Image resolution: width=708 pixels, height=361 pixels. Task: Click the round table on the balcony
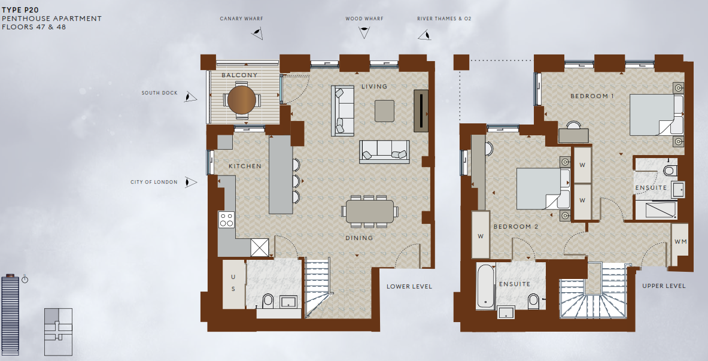pyautogui.click(x=240, y=101)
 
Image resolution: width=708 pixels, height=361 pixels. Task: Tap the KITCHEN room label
pyautogui.click(x=245, y=166)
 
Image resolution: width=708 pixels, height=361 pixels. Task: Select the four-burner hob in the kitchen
pyautogui.click(x=226, y=219)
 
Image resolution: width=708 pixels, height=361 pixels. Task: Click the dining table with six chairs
pyautogui.click(x=369, y=211)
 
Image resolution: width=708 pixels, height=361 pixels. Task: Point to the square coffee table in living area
pyautogui.click(x=384, y=110)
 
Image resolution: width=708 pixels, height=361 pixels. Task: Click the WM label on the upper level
pyautogui.click(x=680, y=242)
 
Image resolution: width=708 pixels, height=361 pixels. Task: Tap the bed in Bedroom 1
pyautogui.click(x=654, y=116)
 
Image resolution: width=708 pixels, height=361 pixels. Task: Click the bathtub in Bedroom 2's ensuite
pyautogui.click(x=485, y=287)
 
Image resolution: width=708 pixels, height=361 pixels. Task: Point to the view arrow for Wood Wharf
pyautogui.click(x=363, y=32)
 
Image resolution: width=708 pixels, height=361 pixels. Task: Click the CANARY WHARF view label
pyautogui.click(x=241, y=19)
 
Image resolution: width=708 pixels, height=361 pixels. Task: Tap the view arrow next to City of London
pyautogui.click(x=190, y=182)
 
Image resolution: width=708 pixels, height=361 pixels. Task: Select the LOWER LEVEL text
pyautogui.click(x=409, y=286)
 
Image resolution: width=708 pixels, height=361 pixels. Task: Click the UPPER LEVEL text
pyautogui.click(x=664, y=286)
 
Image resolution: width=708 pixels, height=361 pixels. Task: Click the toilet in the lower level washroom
pyautogui.click(x=268, y=301)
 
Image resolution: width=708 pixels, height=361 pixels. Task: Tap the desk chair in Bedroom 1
pyautogui.click(x=574, y=125)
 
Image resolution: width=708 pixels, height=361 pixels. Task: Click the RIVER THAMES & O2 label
pyautogui.click(x=444, y=19)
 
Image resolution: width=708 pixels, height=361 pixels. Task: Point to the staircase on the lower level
pyautogui.click(x=318, y=286)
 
